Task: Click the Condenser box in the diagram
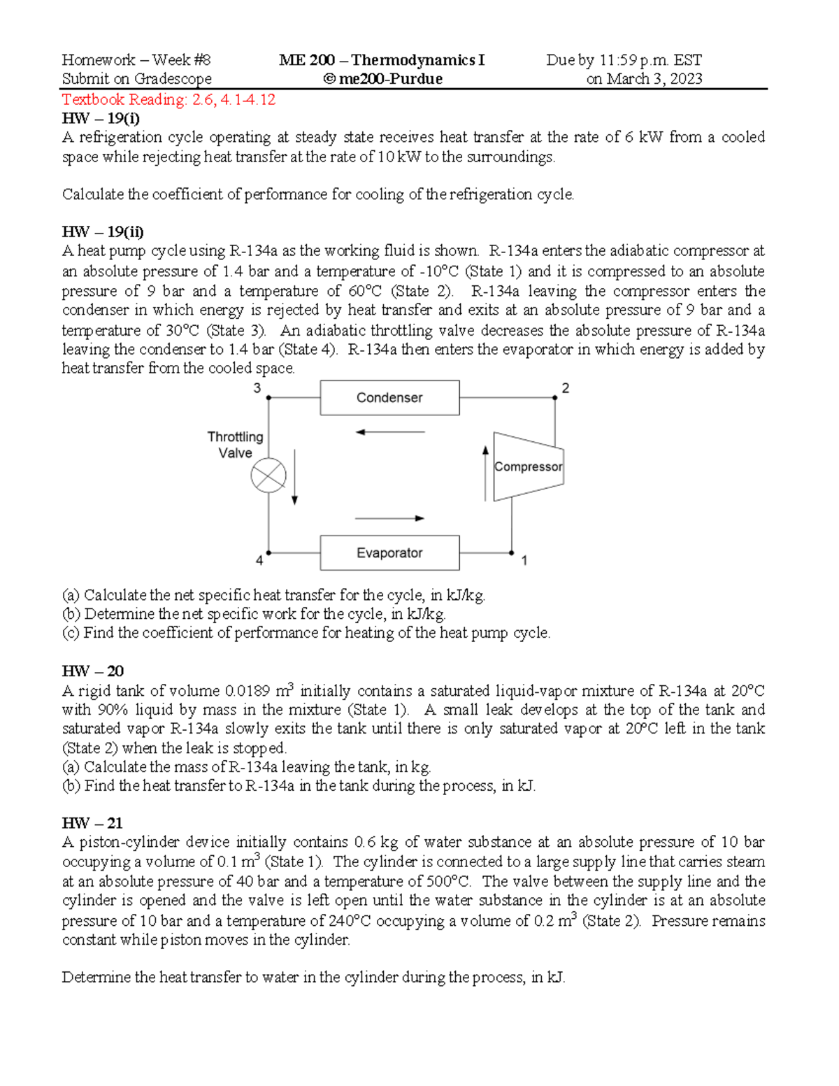[x=389, y=398]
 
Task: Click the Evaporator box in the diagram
[x=389, y=553]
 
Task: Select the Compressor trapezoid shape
[x=528, y=466]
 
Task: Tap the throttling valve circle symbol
[x=268, y=476]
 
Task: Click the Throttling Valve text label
[x=235, y=445]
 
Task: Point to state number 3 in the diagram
[x=257, y=388]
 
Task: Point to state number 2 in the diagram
[x=566, y=388]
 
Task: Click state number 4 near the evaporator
[x=259, y=560]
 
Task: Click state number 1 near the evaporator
[x=524, y=560]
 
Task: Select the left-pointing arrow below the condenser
[x=389, y=432]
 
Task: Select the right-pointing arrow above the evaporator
[x=389, y=518]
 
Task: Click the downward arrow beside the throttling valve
[x=295, y=477]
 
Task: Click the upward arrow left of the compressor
[x=485, y=473]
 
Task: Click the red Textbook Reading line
[x=168, y=99]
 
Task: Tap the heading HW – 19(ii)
[x=103, y=232]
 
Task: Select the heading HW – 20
[x=92, y=671]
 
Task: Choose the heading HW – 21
[x=92, y=823]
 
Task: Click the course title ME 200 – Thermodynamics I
[x=382, y=60]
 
